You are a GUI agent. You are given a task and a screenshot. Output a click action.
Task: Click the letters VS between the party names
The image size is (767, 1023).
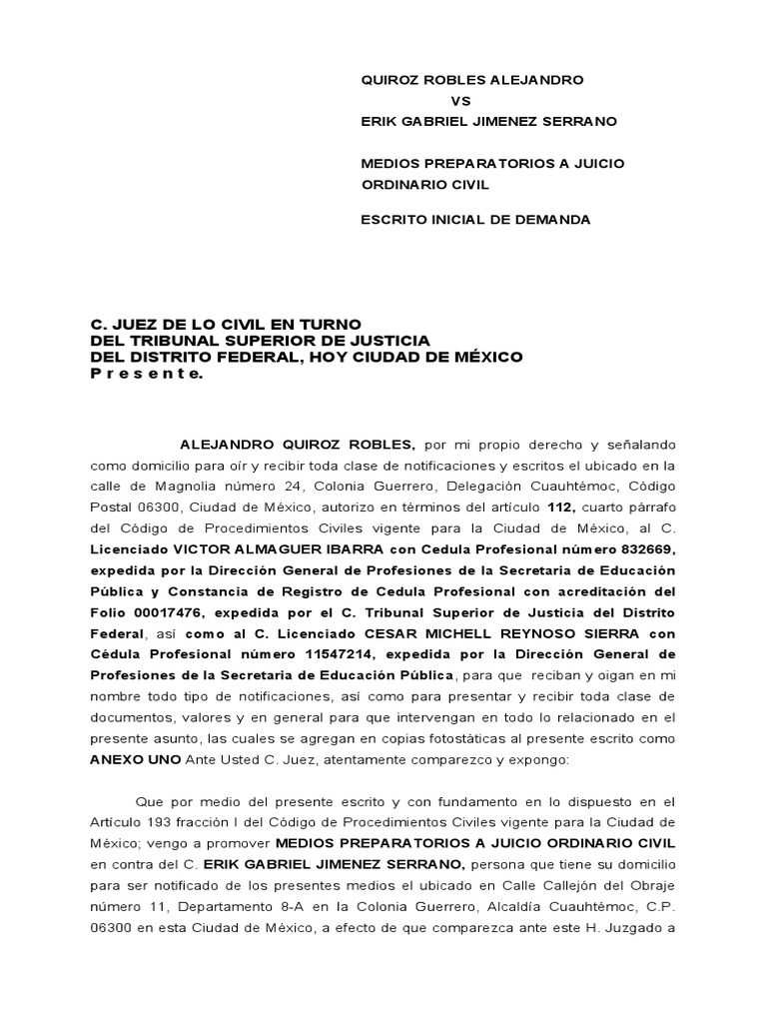[460, 101]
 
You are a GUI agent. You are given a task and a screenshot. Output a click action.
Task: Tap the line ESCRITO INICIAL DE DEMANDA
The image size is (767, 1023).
[475, 220]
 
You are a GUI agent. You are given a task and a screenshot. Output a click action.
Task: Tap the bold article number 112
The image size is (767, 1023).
[560, 508]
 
